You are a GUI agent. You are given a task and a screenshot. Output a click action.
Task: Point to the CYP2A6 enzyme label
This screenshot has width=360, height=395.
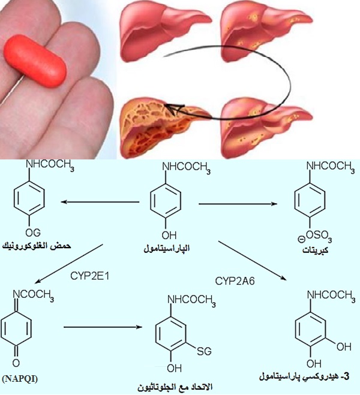[x=232, y=280]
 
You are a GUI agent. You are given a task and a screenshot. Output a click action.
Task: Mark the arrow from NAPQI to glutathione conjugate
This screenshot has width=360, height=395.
[x=102, y=327]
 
